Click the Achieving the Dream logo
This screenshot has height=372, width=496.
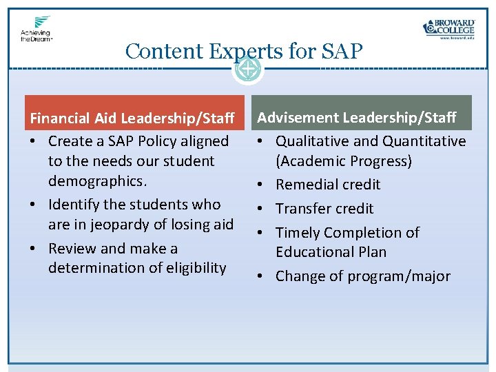[x=37, y=29]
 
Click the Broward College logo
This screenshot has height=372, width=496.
[x=448, y=28]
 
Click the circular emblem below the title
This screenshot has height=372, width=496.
[x=247, y=68]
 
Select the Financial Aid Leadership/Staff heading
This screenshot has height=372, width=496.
[x=132, y=118]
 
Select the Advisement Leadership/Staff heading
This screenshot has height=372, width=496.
[x=356, y=118]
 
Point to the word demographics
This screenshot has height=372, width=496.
[x=96, y=181]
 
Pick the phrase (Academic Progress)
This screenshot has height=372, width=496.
[x=344, y=161]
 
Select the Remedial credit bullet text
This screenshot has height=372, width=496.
[x=328, y=185]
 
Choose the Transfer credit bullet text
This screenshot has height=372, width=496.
[x=324, y=209]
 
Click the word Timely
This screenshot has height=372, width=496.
[x=297, y=233]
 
